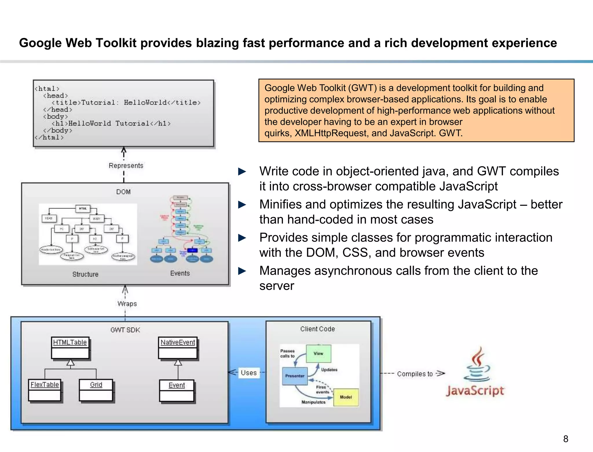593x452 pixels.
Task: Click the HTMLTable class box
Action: (70, 347)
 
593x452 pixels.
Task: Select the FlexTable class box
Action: (45, 390)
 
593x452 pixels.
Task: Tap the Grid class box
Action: (96, 390)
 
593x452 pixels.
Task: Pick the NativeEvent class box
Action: (178, 347)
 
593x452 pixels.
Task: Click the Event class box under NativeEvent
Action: (177, 391)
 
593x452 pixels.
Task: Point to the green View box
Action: (319, 353)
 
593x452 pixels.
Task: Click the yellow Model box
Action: (346, 397)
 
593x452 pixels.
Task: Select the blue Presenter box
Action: (295, 376)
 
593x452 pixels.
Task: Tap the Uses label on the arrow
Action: (249, 373)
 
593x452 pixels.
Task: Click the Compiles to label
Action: (415, 374)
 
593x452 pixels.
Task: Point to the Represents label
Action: (126, 166)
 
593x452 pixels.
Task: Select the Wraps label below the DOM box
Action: (127, 304)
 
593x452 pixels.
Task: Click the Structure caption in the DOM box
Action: (85, 274)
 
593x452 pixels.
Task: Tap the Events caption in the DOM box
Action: (180, 273)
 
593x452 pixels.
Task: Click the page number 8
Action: (565, 439)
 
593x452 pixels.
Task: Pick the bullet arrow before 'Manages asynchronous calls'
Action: (242, 271)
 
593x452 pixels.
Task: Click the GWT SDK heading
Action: (125, 330)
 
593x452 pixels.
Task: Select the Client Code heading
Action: (317, 329)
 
